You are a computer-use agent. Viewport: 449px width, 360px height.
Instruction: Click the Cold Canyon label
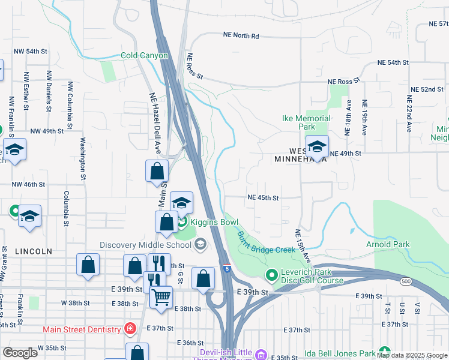tap(144, 56)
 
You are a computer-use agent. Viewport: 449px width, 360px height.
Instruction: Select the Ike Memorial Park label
tap(307, 123)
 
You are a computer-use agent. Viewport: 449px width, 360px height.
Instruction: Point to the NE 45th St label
tap(264, 197)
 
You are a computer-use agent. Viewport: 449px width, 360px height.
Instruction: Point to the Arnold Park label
tap(388, 244)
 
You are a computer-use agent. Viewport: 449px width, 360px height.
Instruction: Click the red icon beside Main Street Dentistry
tap(129, 329)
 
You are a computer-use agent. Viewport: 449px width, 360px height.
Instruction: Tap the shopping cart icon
tap(161, 297)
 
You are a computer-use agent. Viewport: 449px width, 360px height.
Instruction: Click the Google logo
tap(20, 353)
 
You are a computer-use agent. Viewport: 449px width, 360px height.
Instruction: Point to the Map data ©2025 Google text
tap(411, 355)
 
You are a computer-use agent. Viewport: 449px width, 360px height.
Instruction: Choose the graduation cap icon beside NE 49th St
tap(317, 146)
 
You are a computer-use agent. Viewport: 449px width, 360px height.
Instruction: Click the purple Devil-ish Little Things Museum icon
tap(259, 355)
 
